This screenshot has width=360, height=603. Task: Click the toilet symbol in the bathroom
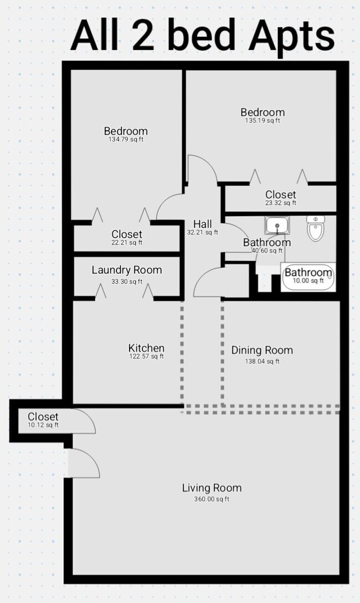click(x=316, y=228)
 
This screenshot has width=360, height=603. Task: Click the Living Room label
click(x=212, y=488)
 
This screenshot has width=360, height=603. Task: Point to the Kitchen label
click(x=146, y=348)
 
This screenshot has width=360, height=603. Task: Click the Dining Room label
click(x=262, y=350)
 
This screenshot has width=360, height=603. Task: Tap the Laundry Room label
click(x=127, y=270)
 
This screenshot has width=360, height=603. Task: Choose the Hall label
click(x=202, y=224)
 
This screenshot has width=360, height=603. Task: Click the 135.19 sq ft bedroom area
click(x=262, y=121)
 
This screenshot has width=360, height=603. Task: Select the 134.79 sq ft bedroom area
click(x=126, y=140)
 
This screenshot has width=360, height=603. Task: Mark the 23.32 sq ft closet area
click(x=280, y=203)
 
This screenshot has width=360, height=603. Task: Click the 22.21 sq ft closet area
click(x=127, y=243)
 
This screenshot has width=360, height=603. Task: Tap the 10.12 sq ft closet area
click(x=43, y=425)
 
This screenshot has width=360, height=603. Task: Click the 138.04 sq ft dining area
click(x=262, y=361)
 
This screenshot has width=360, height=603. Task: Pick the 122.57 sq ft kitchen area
click(x=146, y=357)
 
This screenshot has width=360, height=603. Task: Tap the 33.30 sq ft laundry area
click(x=127, y=282)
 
